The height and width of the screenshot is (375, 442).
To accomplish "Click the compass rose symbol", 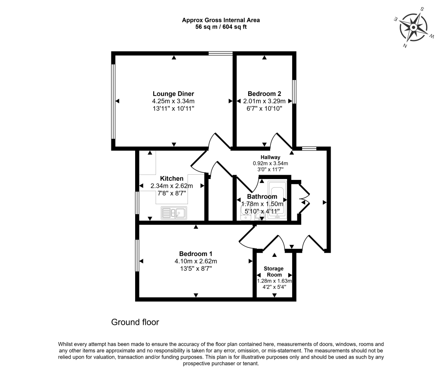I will click(x=413, y=27).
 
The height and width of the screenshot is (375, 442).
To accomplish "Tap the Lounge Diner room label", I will click(x=173, y=94).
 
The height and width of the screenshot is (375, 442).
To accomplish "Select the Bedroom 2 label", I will click(x=264, y=94).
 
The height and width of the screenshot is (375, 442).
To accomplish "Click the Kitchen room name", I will click(x=172, y=179).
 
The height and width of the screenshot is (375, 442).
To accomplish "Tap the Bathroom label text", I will click(x=262, y=197).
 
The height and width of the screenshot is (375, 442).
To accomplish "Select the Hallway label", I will click(x=270, y=157).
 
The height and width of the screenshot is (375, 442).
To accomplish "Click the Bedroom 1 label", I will click(x=196, y=254).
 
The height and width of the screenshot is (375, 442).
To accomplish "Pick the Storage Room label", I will click(x=274, y=272).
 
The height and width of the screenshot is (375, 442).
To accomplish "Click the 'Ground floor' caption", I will click(x=135, y=322).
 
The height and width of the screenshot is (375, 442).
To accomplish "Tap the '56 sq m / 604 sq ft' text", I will click(x=221, y=27).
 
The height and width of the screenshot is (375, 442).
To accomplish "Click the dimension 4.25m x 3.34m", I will click(x=173, y=101).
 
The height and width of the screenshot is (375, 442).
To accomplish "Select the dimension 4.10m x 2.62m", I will click(x=196, y=261).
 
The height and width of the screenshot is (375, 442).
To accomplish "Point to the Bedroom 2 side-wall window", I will click(x=295, y=91).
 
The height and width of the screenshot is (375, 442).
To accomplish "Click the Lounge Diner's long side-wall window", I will click(x=113, y=101).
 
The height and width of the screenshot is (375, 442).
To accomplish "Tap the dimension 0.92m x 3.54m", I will click(x=270, y=163).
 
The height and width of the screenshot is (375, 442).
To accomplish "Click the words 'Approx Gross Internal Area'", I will click(x=221, y=20).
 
